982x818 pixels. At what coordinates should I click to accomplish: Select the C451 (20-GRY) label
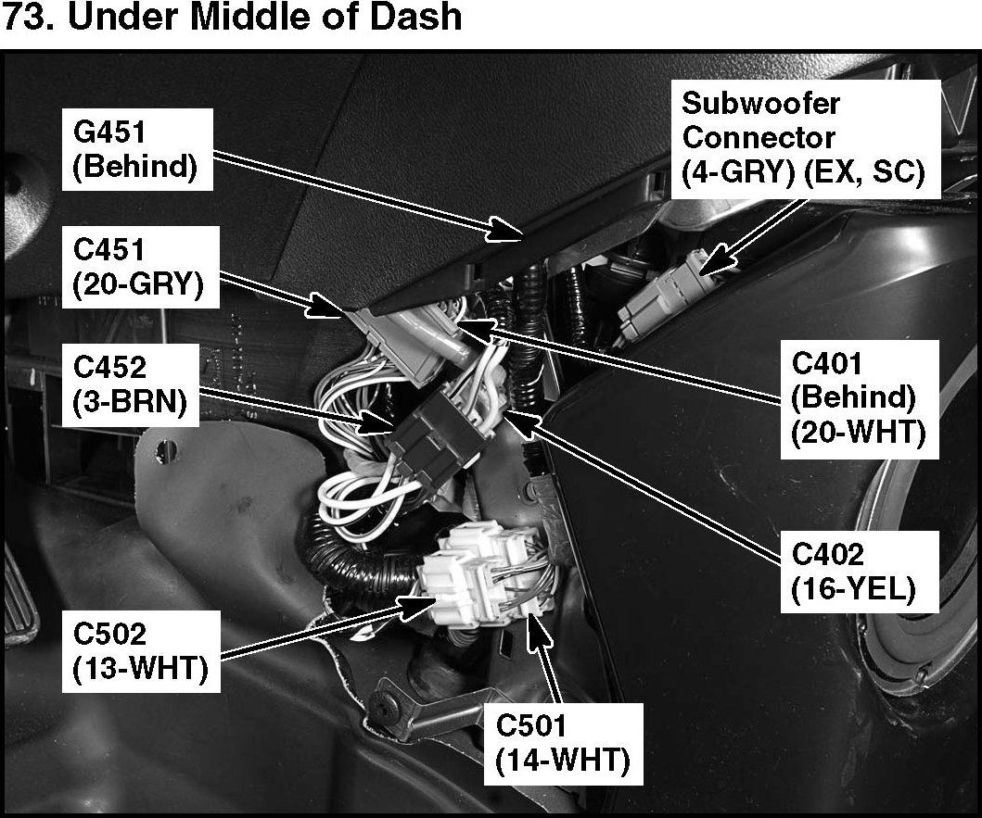[144, 270]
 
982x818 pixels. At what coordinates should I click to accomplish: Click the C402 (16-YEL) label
[853, 574]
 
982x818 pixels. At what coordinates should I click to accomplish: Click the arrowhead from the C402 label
[513, 419]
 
